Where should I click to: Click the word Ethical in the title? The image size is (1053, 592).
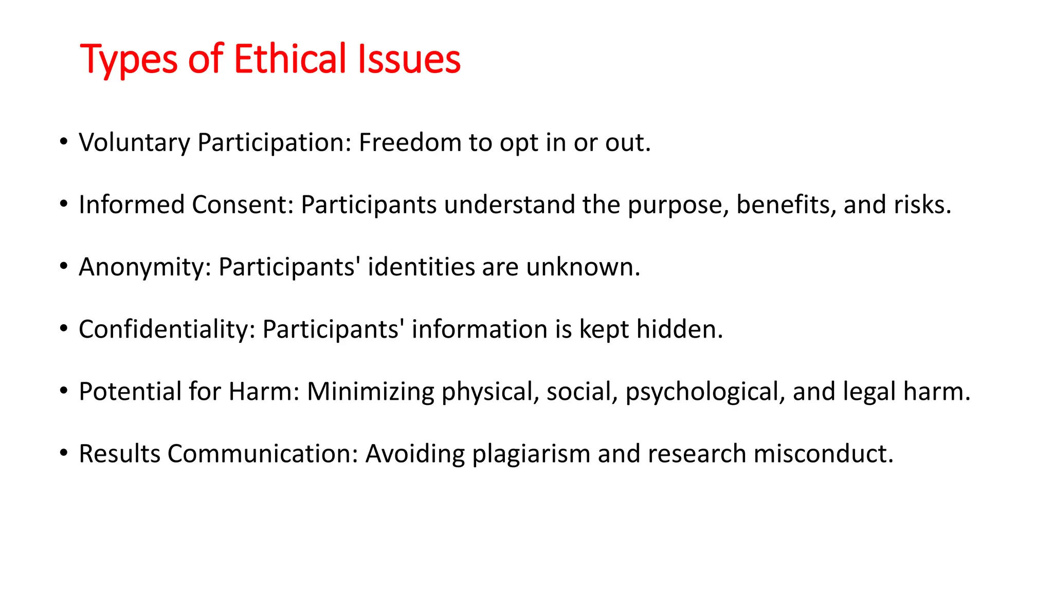[290, 59]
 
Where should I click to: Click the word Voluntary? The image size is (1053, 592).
[134, 143]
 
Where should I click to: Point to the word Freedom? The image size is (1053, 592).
[410, 142]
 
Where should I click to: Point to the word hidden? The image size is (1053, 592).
[679, 329]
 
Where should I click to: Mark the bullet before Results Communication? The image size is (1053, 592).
[63, 454]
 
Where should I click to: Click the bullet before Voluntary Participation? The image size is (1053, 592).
[63, 142]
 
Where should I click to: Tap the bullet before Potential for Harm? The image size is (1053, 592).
[63, 392]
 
